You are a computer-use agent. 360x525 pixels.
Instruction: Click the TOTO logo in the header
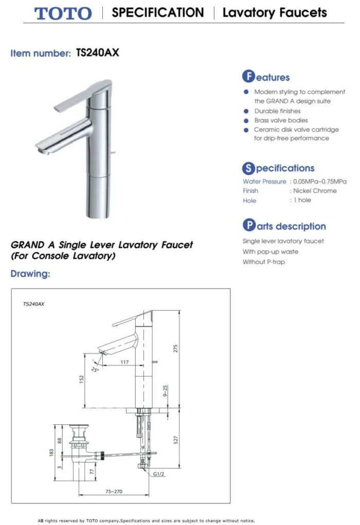(x=63, y=13)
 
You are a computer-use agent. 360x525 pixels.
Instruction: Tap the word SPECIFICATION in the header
(x=157, y=12)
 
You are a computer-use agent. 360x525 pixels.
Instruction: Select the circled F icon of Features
(x=248, y=77)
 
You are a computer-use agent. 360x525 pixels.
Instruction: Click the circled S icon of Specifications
(x=248, y=168)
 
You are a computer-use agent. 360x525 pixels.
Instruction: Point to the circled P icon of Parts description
(x=248, y=226)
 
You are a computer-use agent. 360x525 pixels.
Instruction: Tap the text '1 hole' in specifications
(x=302, y=200)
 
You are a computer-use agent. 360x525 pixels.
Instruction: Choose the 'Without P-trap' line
(x=263, y=262)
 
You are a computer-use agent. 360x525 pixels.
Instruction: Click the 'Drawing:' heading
(x=30, y=274)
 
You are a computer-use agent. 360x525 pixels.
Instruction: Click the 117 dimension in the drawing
(x=124, y=363)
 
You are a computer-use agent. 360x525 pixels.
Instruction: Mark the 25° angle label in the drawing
(x=95, y=369)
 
